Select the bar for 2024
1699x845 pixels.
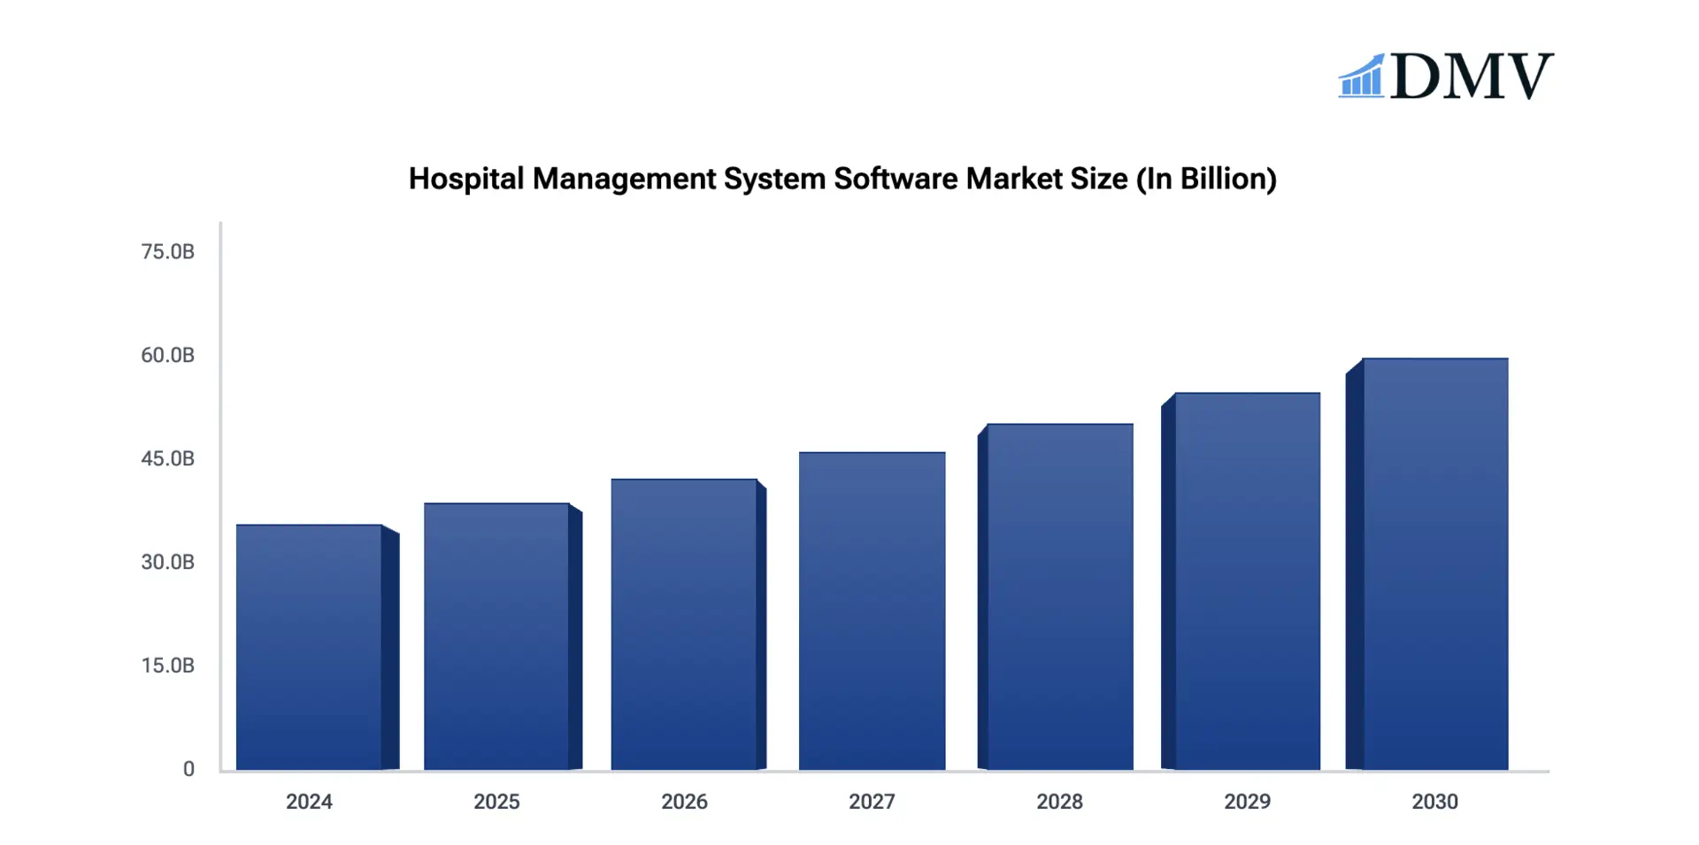pos(309,647)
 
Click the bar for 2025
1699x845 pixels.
pos(496,636)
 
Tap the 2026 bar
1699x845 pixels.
pos(684,624)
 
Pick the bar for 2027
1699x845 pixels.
pos(872,611)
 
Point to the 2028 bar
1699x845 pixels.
pos(1059,596)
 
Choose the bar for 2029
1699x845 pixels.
pos(1247,581)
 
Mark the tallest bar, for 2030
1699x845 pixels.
pos(1434,564)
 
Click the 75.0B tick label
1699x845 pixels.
pos(167,252)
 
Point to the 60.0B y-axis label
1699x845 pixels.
pos(167,356)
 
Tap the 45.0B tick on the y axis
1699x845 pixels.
pos(167,459)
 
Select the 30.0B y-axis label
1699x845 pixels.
pos(167,563)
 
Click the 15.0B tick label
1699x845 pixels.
pos(167,666)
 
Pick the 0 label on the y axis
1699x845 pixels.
pos(188,770)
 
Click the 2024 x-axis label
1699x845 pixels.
pos(309,802)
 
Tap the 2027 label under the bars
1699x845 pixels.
pos(872,802)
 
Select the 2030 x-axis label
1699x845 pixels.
pos(1434,802)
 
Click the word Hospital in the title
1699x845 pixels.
pos(466,180)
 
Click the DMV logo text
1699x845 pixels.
pos(1471,76)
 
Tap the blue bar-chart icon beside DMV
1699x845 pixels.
pos(1361,77)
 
